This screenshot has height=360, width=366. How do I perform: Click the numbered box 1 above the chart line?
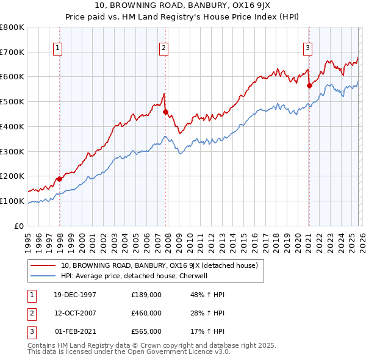(x=57, y=47)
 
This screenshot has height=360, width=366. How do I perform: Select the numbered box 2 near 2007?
(x=164, y=47)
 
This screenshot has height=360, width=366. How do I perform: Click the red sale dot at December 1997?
(x=60, y=179)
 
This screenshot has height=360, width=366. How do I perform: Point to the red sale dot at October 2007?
(x=165, y=112)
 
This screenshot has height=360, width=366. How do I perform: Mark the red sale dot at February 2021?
(x=309, y=86)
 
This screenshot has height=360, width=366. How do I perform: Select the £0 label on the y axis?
(x=18, y=226)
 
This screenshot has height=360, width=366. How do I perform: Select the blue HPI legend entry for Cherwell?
(x=134, y=276)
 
